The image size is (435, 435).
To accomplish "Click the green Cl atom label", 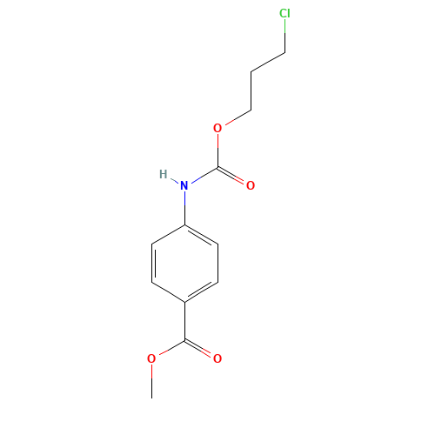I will coord(284,14).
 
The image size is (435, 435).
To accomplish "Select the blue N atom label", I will coord(184,184).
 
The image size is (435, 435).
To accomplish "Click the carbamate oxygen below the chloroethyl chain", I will coord(217,128).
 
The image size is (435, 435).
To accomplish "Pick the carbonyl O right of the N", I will coord(251,185).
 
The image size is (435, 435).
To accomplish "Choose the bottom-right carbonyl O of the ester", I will coord(217,358).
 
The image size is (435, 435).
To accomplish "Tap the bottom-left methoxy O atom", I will coord(151,358).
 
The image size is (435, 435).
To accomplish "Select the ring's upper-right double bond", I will coord(202,235).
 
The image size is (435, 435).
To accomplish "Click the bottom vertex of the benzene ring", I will coord(185,302).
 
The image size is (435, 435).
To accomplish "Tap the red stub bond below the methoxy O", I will coord(151,372).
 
